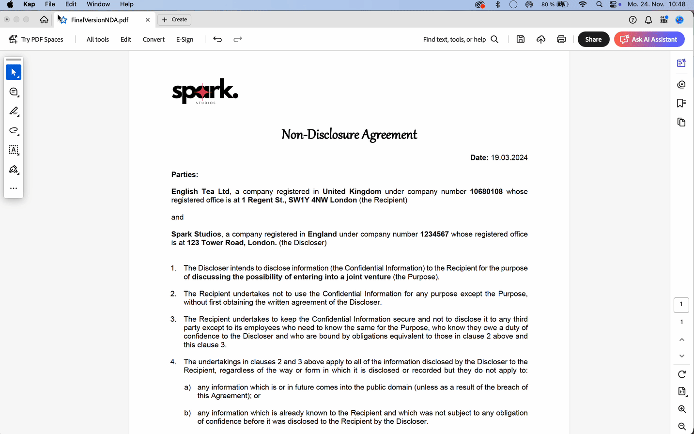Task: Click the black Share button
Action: [593, 39]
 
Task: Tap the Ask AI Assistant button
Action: [649, 39]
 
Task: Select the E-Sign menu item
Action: [185, 39]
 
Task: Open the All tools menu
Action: [97, 39]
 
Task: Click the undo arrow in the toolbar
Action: [217, 39]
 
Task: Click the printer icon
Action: [561, 39]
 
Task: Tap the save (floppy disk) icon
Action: [521, 39]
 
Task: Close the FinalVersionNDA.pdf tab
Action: [148, 20]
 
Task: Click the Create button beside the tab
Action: [174, 20]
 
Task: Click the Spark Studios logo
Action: [205, 91]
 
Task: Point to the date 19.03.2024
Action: [509, 157]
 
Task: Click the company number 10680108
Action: [486, 191]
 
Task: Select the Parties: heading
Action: [185, 174]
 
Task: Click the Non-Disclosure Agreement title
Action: [349, 134]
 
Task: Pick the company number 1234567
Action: [434, 234]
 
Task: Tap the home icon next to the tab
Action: [44, 20]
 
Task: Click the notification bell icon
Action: [648, 20]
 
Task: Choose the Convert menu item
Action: [154, 39]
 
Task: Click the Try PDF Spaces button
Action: [36, 39]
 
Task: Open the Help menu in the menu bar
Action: [126, 4]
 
